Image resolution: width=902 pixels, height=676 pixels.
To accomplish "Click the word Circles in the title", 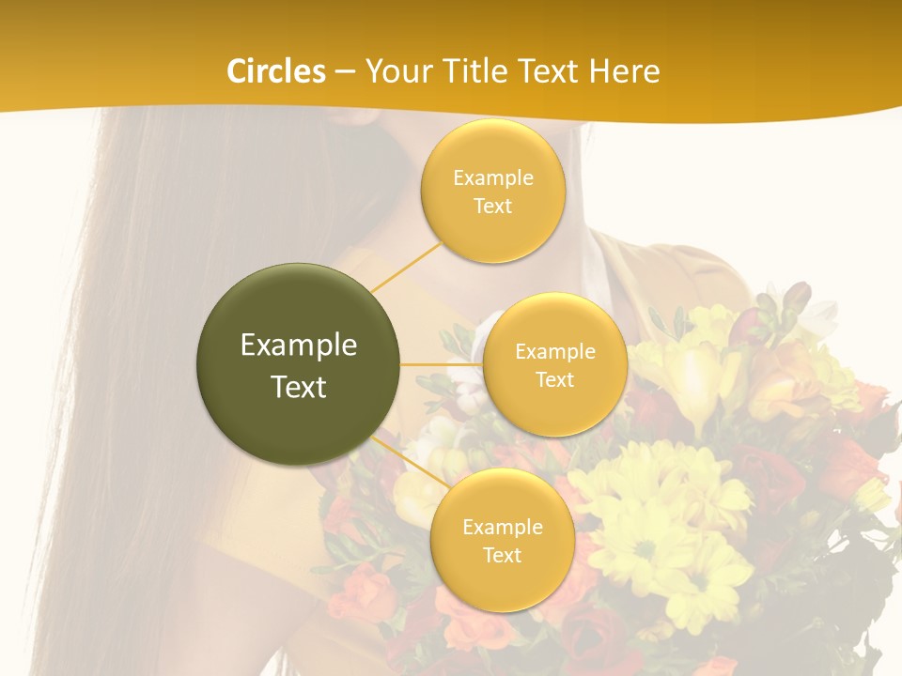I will [x=276, y=71].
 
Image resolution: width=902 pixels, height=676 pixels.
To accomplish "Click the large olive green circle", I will [x=299, y=364].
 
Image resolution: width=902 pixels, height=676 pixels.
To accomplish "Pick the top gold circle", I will [x=492, y=191].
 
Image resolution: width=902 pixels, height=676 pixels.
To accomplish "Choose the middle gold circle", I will [x=554, y=364].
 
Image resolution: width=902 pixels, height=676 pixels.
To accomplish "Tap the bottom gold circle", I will [x=502, y=540].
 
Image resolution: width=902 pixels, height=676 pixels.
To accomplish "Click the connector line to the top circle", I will [x=407, y=267].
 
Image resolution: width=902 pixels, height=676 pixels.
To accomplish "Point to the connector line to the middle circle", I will [x=442, y=364].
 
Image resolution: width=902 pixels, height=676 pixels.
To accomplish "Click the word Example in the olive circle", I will [x=299, y=346].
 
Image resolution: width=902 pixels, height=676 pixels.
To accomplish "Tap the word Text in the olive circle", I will [x=299, y=387].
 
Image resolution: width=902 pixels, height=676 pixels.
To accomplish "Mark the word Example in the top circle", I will [x=492, y=178].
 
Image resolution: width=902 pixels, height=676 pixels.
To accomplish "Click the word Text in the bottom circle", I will [x=502, y=555].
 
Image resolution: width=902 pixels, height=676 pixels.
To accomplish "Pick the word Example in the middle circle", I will [x=554, y=352].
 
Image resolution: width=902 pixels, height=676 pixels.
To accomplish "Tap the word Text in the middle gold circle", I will [x=554, y=379].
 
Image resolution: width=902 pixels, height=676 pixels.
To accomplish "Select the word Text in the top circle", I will [x=492, y=206].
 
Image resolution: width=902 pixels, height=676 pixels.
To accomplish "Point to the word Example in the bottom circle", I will [x=502, y=528].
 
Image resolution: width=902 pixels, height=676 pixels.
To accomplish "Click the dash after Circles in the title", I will [x=345, y=72].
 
